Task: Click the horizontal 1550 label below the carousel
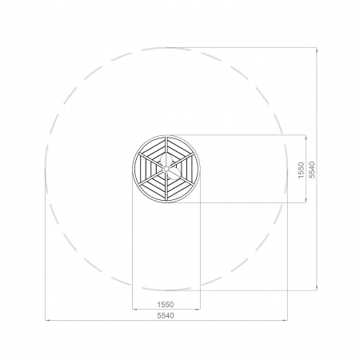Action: click(166, 304)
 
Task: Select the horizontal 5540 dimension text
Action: click(166, 315)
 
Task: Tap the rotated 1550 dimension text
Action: click(301, 170)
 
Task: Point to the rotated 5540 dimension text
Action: click(312, 170)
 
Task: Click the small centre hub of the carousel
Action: click(166, 169)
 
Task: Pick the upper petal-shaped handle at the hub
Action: click(165, 160)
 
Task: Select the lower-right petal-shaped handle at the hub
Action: click(174, 174)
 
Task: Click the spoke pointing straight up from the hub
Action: click(166, 151)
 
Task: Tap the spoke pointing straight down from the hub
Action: click(166, 186)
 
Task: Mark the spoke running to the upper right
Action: click(181, 160)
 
